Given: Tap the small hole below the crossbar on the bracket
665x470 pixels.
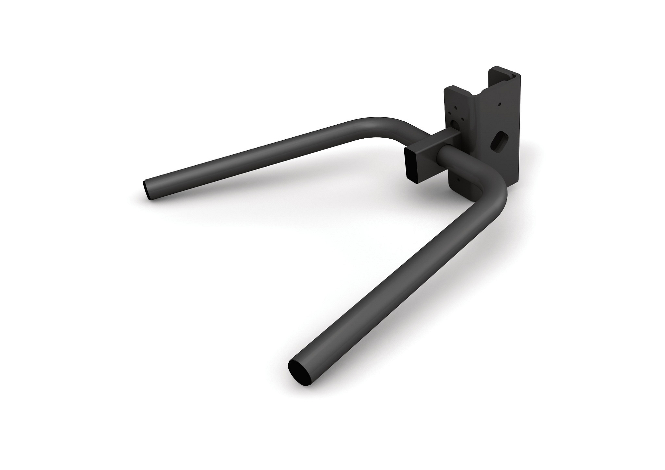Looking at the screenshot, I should coord(459,180).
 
